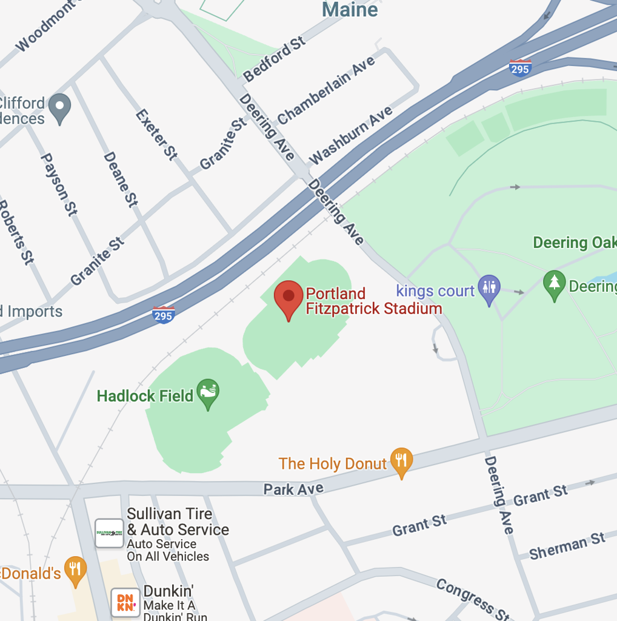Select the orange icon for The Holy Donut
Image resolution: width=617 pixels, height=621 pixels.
coord(401,462)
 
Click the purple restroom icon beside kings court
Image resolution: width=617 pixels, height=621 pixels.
coord(489,289)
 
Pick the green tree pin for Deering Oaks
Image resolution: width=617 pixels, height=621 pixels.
coord(554,284)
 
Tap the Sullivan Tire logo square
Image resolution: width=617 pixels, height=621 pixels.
coord(110,533)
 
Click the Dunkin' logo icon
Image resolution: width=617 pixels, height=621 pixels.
coord(125,602)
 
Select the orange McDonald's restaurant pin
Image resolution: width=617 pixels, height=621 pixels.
coord(75,570)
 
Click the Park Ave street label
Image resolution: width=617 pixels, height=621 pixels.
coord(293,489)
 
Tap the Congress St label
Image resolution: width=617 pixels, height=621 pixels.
coord(473,600)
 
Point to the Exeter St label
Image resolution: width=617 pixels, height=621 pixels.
coord(156,135)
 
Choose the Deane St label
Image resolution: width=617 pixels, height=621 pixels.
coord(121,179)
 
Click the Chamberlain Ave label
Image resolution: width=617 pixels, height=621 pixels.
coord(326,90)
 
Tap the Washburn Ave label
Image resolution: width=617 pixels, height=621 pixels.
coord(350,135)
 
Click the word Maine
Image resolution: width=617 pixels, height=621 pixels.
coord(350,10)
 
